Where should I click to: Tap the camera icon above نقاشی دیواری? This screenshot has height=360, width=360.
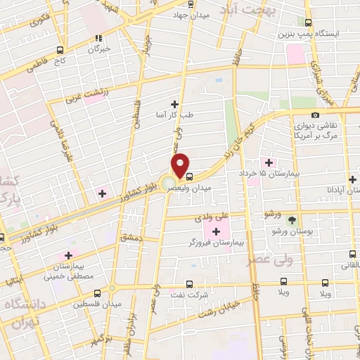coord(315,115)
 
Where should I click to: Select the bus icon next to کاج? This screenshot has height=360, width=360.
coord(58,50)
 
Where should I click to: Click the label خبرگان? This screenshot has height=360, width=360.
coord(98,49)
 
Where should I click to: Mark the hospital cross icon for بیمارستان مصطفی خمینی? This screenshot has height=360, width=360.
coord(68,256)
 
